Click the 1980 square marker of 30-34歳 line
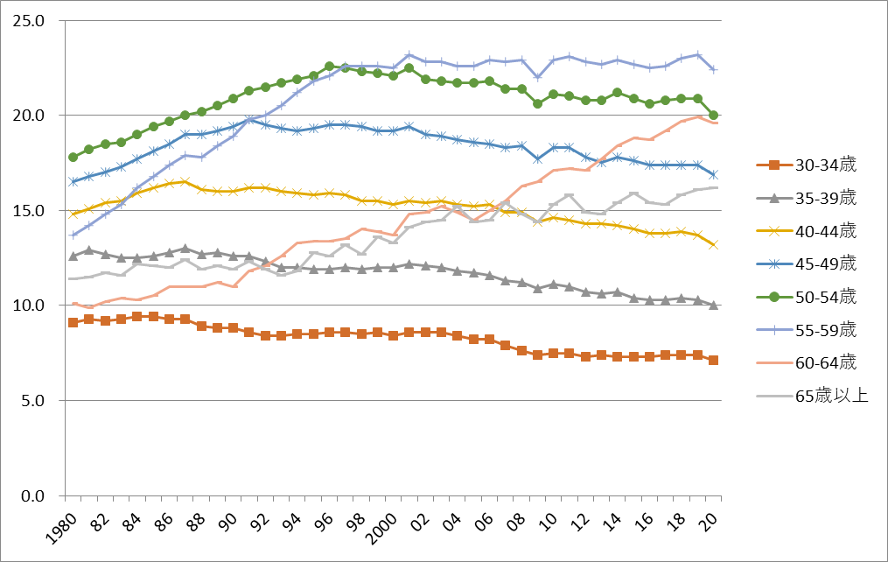tap(73, 323)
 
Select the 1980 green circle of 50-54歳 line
tap(73, 158)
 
